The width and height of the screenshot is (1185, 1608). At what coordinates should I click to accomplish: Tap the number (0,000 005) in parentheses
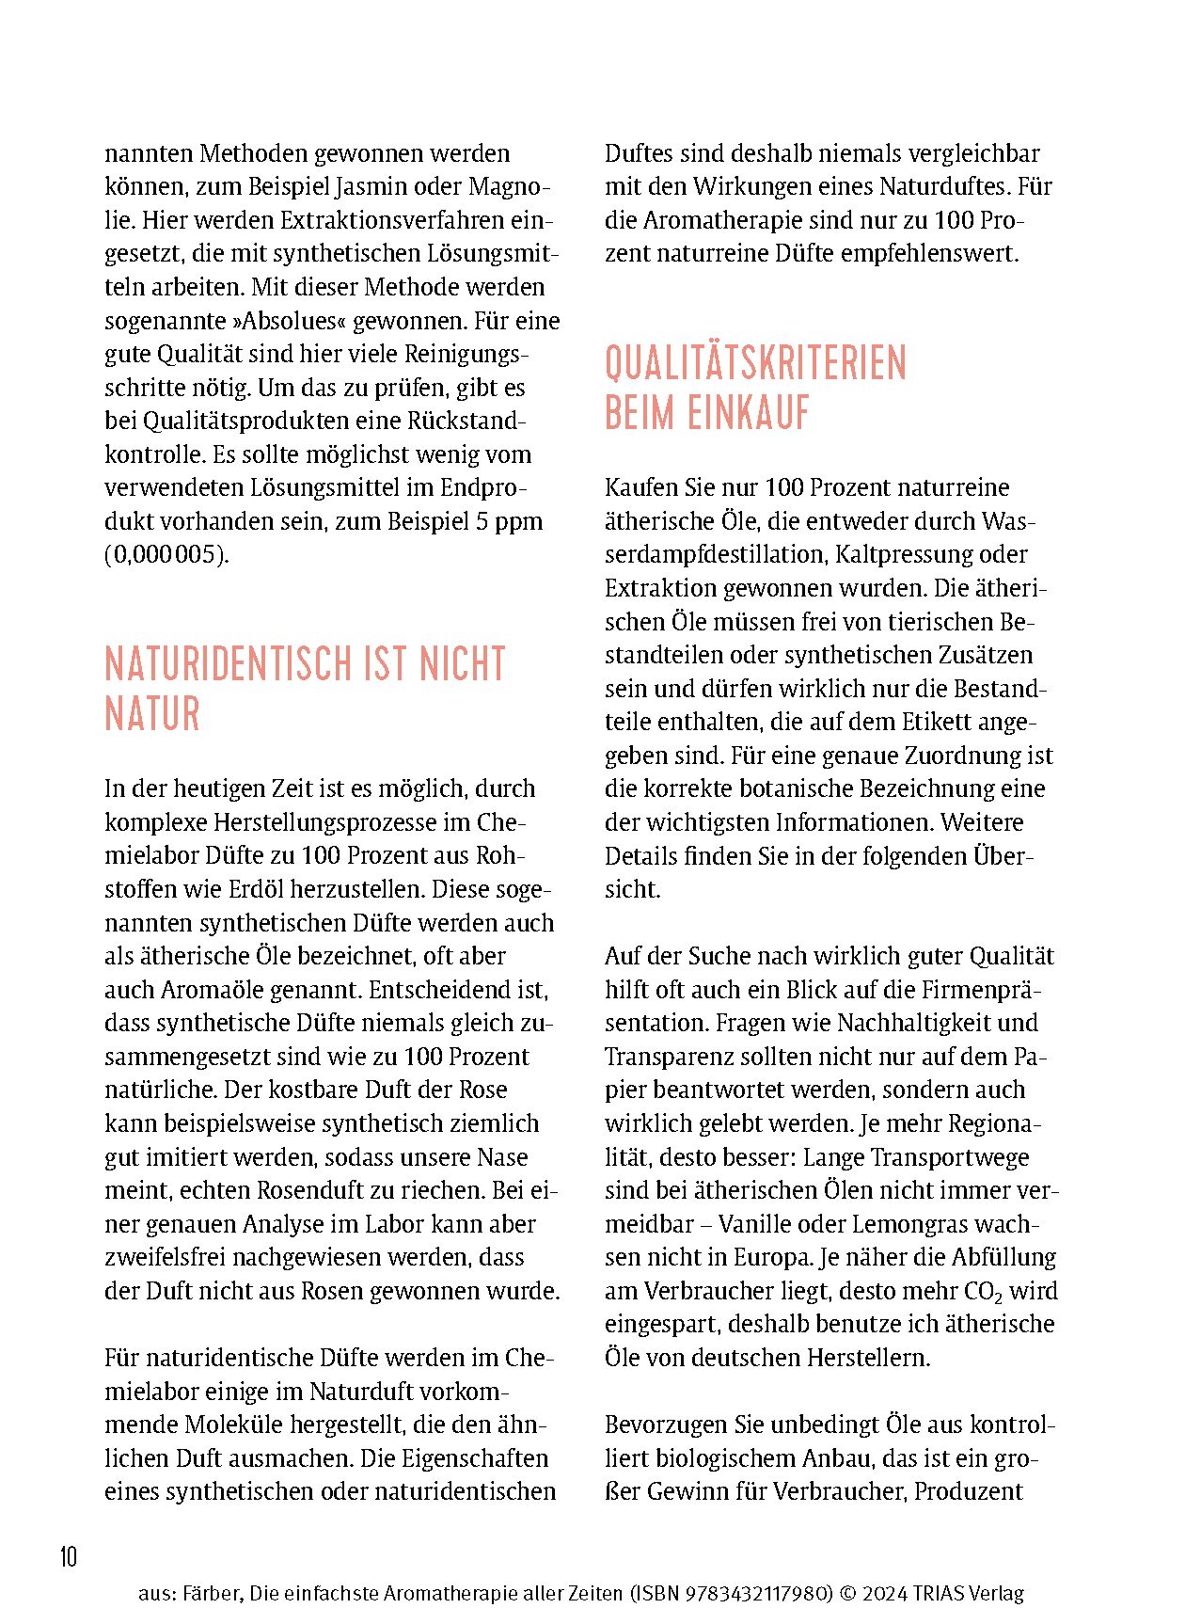(166, 554)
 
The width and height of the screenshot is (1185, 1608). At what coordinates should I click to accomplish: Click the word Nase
(502, 1157)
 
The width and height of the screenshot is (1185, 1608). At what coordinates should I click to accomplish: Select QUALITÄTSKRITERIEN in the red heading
(755, 364)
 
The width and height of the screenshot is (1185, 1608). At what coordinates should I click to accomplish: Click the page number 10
(69, 1557)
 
